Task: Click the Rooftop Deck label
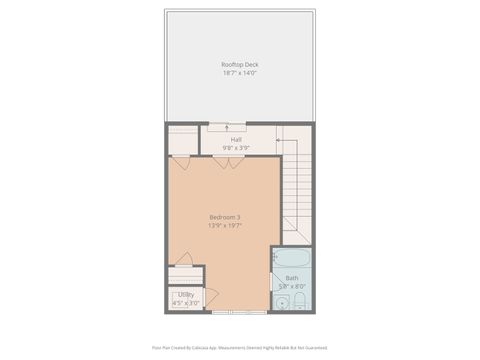[239, 65]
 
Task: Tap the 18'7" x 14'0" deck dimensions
[239, 73]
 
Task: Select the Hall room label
[235, 139]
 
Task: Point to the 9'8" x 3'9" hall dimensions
[235, 147]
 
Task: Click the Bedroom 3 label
[224, 217]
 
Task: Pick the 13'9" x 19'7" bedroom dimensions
[224, 226]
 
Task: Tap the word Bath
[291, 278]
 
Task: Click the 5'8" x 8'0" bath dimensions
[291, 287]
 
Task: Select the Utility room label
[186, 295]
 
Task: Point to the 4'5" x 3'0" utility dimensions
[186, 303]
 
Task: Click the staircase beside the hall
[297, 190]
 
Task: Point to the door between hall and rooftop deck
[229, 126]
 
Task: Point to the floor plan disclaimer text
[239, 348]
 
